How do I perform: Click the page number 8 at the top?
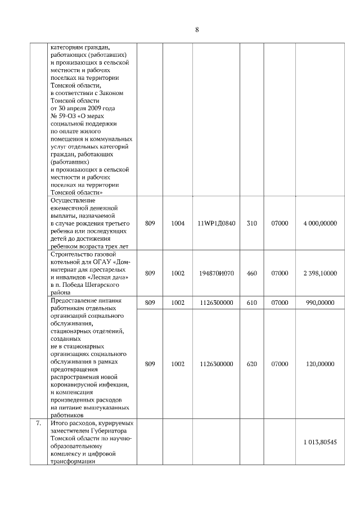(x=197, y=30)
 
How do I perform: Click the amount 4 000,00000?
(x=319, y=223)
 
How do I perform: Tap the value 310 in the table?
(x=251, y=223)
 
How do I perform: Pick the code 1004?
(x=178, y=223)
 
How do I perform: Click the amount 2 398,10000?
(x=319, y=273)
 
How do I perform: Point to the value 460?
(x=251, y=273)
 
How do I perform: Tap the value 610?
(x=251, y=303)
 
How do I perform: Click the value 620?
(x=251, y=364)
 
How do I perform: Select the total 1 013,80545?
(x=319, y=442)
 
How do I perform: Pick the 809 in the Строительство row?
(x=150, y=273)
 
